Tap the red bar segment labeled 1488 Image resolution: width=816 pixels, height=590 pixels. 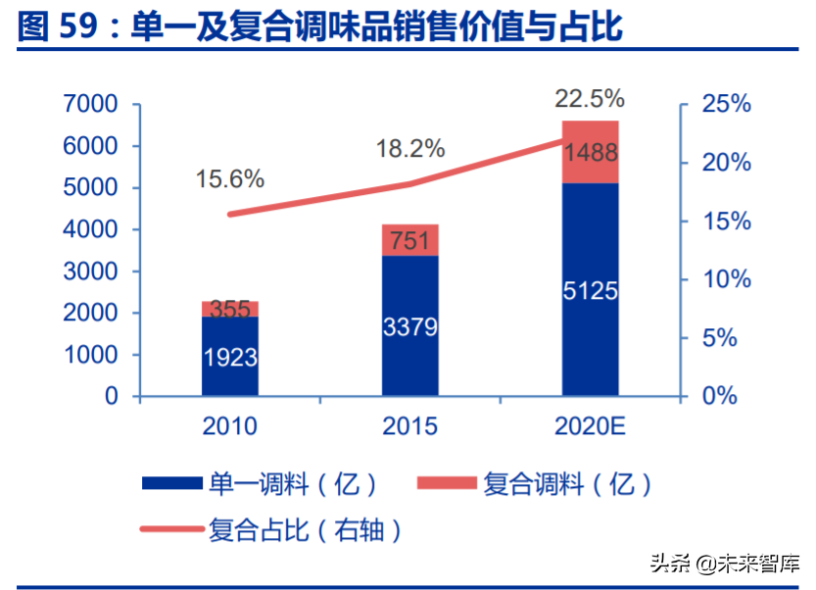coord(590,152)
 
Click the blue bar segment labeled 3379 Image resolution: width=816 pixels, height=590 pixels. coord(410,325)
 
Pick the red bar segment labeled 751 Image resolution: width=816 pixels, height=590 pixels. coord(410,240)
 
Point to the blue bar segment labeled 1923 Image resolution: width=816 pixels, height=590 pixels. coord(230,357)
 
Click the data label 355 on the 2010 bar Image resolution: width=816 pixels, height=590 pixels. coord(230,310)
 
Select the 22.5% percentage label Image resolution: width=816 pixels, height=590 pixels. coord(589,98)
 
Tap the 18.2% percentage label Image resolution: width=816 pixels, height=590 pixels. coord(410,149)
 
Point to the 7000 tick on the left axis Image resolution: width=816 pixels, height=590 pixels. coord(90,104)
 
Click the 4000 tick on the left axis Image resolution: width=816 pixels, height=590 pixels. coord(90,229)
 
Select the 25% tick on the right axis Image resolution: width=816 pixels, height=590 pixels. coord(726,104)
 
